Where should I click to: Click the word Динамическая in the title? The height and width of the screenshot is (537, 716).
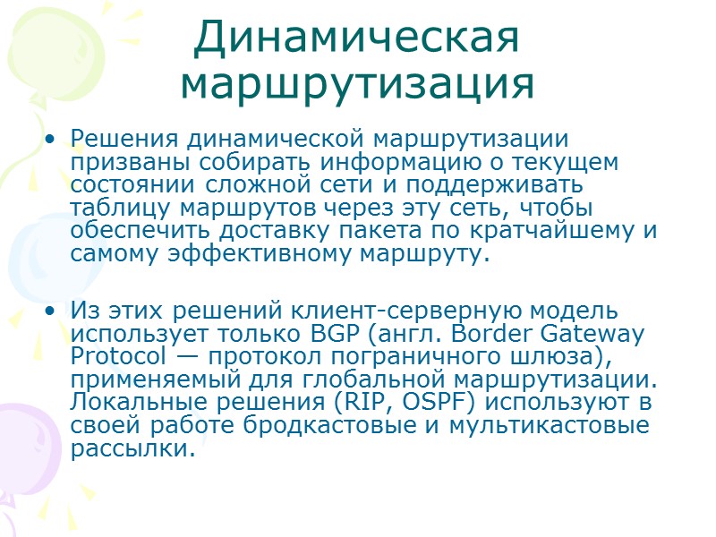pyautogui.click(x=357, y=38)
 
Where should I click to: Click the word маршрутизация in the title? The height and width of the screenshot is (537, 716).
pyautogui.click(x=357, y=82)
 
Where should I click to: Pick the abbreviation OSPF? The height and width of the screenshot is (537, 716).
pyautogui.click(x=415, y=403)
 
